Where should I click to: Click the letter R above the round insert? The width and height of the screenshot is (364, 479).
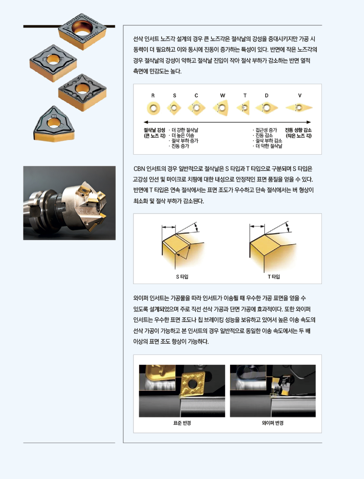pyautogui.click(x=153, y=96)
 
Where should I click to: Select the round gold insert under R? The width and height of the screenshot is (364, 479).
pyautogui.click(x=153, y=108)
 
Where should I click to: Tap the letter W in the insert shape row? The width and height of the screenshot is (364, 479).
pyautogui.click(x=223, y=96)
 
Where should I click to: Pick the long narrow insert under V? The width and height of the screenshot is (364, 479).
pyautogui.click(x=299, y=108)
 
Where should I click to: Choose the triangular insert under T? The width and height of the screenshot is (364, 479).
pyautogui.click(x=243, y=108)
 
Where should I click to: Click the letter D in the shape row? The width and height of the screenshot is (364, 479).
pyautogui.click(x=266, y=96)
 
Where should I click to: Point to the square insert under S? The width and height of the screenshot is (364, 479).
pyautogui.click(x=174, y=108)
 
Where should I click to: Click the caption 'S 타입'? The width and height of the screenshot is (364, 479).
pyautogui.click(x=182, y=276)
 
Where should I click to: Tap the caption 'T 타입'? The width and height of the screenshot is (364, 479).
pyautogui.click(x=274, y=276)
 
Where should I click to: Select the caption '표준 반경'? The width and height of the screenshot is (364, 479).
pyautogui.click(x=182, y=423)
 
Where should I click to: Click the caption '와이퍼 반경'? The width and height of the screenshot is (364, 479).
pyautogui.click(x=273, y=423)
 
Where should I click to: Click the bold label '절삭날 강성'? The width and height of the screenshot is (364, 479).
pyautogui.click(x=154, y=130)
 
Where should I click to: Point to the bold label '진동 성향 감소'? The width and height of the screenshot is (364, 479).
pyautogui.click(x=298, y=130)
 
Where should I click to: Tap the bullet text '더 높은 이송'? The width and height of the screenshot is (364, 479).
pyautogui.click(x=183, y=135)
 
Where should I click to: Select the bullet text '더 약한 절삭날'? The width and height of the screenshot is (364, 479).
pyautogui.click(x=269, y=146)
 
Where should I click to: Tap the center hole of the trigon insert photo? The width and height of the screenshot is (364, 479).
pyautogui.click(x=54, y=123)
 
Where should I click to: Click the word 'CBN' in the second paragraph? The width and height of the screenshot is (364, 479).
pyautogui.click(x=139, y=169)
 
